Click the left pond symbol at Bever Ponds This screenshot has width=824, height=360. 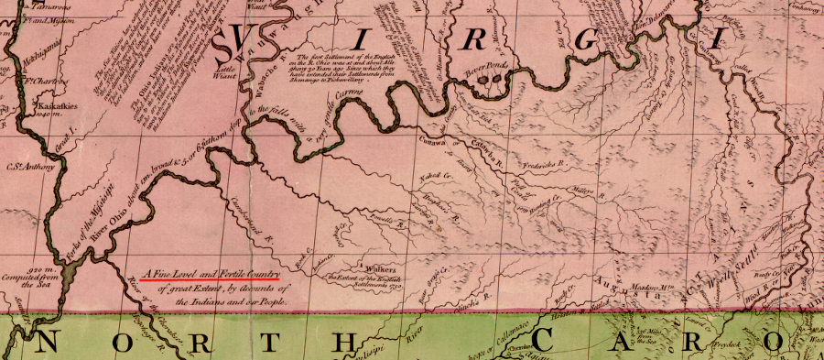coord(481,79)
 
